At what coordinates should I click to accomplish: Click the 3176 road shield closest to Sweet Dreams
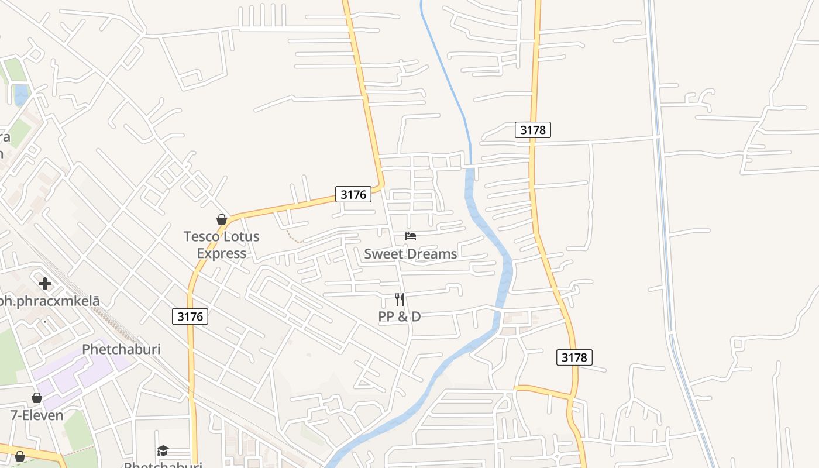(x=353, y=194)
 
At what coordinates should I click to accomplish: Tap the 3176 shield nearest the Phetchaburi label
(x=190, y=316)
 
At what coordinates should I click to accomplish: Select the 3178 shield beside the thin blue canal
(x=532, y=130)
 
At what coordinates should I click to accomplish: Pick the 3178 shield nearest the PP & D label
(x=574, y=357)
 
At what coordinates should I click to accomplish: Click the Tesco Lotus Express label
(x=221, y=245)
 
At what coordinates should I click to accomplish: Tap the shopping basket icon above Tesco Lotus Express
(x=222, y=219)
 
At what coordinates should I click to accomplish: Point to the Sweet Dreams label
(x=410, y=254)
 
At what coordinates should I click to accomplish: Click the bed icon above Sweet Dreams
(x=411, y=236)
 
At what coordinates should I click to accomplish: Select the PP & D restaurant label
(x=400, y=316)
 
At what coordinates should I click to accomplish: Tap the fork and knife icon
(x=400, y=300)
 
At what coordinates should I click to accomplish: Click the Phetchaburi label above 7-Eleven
(x=121, y=349)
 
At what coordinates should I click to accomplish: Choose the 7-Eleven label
(x=37, y=415)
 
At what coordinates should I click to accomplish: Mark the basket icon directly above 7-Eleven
(x=37, y=398)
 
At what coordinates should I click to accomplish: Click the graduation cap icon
(x=163, y=450)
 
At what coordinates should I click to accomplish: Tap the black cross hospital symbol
(x=45, y=284)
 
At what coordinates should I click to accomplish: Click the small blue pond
(x=21, y=93)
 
